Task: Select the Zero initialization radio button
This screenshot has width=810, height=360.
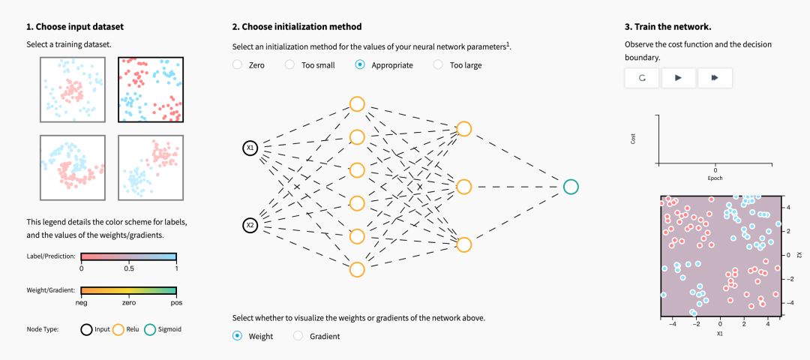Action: [x=238, y=65]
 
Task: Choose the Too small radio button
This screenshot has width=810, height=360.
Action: [x=289, y=65]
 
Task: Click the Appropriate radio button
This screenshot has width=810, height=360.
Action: [x=360, y=65]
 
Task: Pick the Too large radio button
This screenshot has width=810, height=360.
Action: [x=438, y=65]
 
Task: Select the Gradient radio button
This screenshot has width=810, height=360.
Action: [x=298, y=336]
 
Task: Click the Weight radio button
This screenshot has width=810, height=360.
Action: [x=238, y=336]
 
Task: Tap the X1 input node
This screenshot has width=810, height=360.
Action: [x=250, y=148]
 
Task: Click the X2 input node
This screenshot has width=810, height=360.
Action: [x=250, y=224]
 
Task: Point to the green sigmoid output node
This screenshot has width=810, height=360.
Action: [x=570, y=187]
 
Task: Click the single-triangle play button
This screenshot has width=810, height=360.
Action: [x=678, y=77]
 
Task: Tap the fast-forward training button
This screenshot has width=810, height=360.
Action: [x=714, y=77]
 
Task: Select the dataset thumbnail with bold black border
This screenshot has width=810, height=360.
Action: [x=151, y=90]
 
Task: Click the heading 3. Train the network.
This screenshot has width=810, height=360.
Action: [x=667, y=27]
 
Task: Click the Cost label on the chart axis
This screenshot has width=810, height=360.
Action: [x=634, y=139]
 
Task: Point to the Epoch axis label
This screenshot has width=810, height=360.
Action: [x=715, y=178]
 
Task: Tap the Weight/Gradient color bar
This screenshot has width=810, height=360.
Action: [x=128, y=292]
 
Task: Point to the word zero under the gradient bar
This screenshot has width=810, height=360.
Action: [x=128, y=304]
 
